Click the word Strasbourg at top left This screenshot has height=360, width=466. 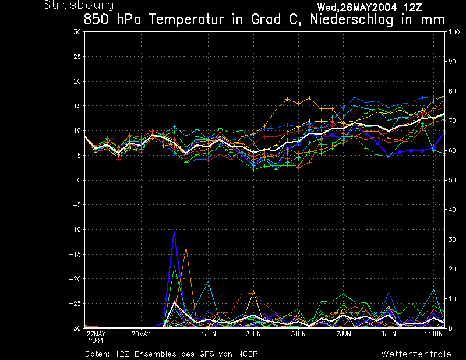(70, 5)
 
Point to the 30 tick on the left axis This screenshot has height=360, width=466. (77, 32)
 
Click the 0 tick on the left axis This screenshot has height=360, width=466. (79, 181)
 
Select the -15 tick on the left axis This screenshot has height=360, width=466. (75, 255)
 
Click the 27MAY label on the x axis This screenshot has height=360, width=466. (96, 334)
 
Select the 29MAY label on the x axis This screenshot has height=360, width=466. (141, 334)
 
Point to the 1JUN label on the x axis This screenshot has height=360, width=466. (209, 334)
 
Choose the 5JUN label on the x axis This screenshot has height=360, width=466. (298, 334)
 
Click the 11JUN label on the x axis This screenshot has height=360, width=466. (432, 334)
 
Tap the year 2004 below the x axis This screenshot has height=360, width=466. (96, 340)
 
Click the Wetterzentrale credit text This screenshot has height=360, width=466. (416, 354)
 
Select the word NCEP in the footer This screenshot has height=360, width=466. (246, 354)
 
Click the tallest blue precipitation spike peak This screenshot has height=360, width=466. (174, 231)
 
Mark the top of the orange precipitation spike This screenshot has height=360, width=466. (186, 248)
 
